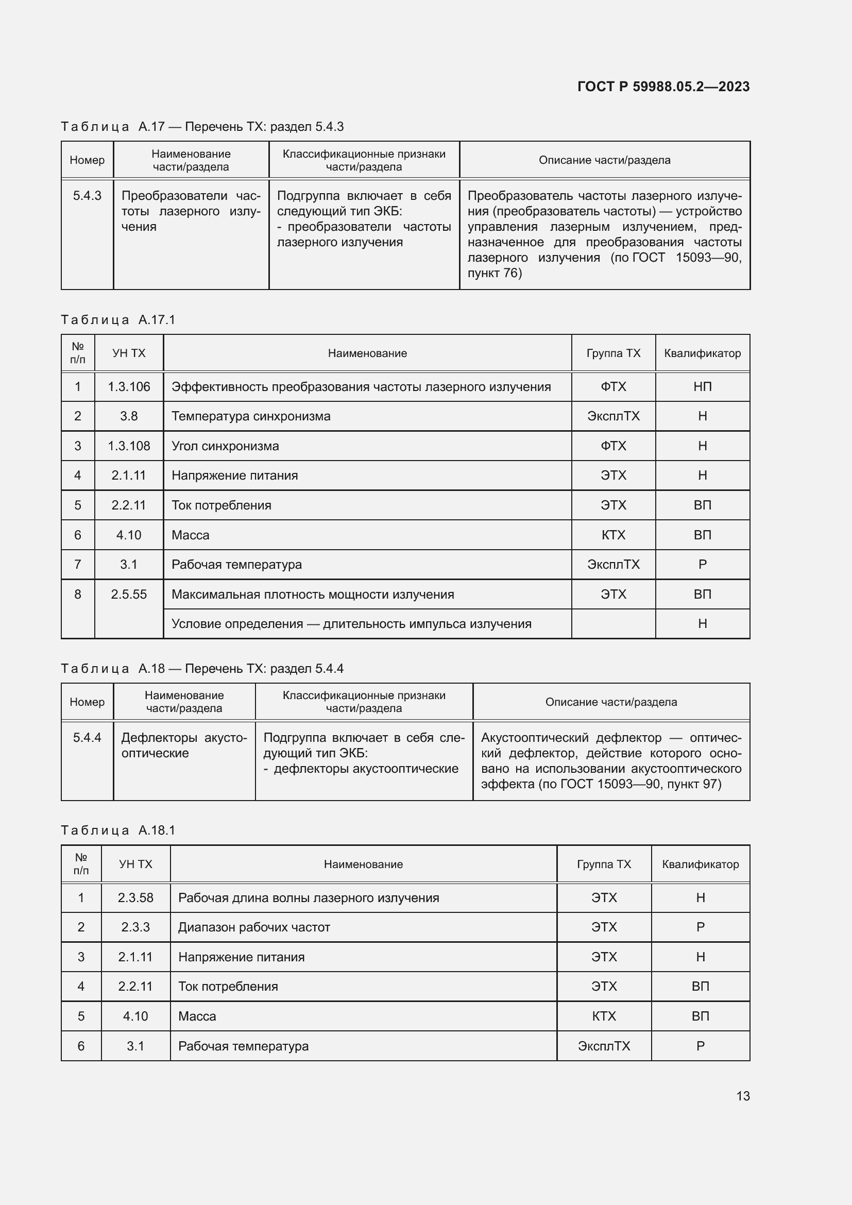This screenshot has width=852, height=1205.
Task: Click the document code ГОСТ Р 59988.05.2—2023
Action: [663, 87]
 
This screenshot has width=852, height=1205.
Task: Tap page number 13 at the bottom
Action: [743, 1096]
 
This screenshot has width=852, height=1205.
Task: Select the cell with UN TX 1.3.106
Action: [129, 387]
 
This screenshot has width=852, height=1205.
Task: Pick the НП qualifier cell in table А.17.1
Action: [702, 387]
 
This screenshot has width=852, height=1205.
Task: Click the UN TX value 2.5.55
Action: [129, 595]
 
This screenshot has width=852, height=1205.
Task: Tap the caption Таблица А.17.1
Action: [118, 319]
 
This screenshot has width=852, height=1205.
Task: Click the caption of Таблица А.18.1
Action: [118, 830]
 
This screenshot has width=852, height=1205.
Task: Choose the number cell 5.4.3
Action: [87, 196]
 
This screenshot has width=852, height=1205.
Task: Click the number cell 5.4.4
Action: [87, 737]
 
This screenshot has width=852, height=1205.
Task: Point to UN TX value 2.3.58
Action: [135, 897]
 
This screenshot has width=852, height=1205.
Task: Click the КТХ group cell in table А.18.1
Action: [603, 1016]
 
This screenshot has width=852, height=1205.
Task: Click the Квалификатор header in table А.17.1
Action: [702, 353]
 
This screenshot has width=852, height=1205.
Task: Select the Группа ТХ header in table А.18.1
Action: [603, 864]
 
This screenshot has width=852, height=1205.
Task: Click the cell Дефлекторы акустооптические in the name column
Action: [184, 745]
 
